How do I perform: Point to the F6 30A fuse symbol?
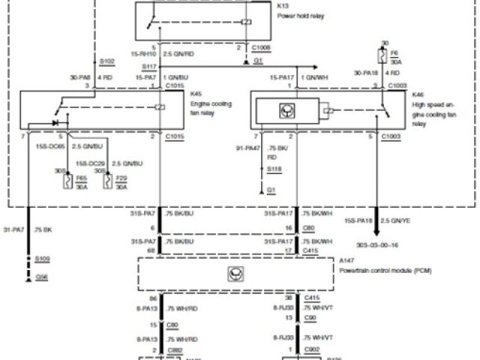[385, 56]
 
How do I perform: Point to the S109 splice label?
[44, 258]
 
